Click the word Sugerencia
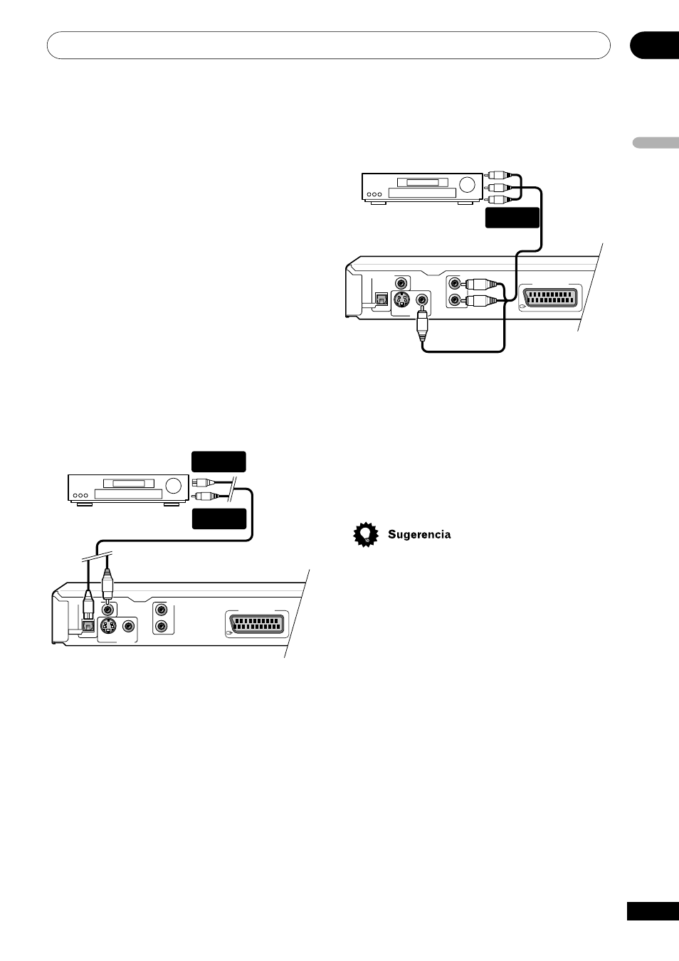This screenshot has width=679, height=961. [x=419, y=535]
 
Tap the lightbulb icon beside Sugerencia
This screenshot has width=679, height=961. [x=366, y=534]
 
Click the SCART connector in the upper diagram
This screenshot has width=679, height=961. [x=550, y=297]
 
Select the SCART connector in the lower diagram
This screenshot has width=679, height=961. [x=258, y=625]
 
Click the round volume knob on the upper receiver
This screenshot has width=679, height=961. [x=467, y=185]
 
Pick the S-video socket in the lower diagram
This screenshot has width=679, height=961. [x=107, y=627]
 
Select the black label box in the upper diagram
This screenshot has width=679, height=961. [x=512, y=218]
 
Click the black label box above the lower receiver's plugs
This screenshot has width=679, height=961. [x=219, y=462]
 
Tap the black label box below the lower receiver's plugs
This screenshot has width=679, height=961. [x=219, y=519]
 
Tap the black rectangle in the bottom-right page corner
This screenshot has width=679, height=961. [x=653, y=912]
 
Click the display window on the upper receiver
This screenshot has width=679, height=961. [x=423, y=183]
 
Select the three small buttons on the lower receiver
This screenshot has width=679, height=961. [x=80, y=495]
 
